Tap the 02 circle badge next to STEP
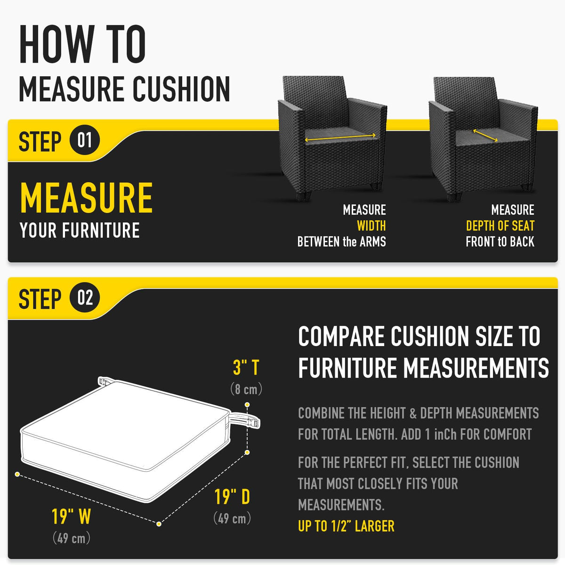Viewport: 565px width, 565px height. (84, 297)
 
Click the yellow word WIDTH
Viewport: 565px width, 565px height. (371, 226)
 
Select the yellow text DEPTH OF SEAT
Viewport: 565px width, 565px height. (500, 226)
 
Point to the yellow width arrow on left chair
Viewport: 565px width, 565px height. (340, 137)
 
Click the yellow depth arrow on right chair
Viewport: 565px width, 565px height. (485, 136)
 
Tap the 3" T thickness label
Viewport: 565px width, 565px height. (246, 367)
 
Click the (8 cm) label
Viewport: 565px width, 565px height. (246, 389)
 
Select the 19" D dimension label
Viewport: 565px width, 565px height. (232, 496)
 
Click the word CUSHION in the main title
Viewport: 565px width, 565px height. (181, 89)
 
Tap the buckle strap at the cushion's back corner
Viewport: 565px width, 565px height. (105, 381)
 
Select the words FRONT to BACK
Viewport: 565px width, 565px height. (500, 242)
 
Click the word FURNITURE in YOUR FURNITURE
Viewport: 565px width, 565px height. (101, 230)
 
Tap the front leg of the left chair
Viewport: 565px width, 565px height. (304, 195)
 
